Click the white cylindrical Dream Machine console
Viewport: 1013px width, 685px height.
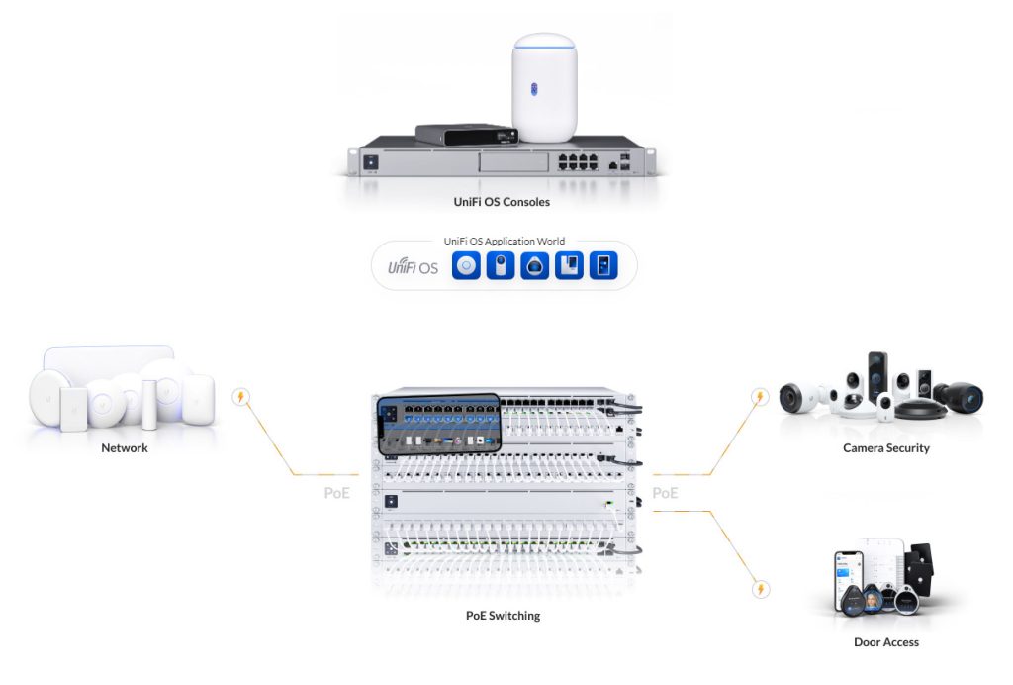click(544, 88)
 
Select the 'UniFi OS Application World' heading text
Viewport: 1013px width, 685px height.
click(505, 241)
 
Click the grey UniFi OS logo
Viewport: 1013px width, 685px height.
click(412, 266)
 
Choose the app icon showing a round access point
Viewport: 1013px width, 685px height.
click(466, 266)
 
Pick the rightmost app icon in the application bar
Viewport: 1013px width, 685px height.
click(602, 266)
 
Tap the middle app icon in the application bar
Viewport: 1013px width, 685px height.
click(534, 266)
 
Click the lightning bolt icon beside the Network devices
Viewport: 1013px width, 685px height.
click(240, 398)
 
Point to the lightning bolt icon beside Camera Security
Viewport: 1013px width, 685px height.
click(760, 398)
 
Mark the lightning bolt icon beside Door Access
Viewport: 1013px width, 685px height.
click(760, 590)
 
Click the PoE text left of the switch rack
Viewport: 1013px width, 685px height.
click(337, 492)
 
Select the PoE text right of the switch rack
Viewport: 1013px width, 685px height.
click(665, 492)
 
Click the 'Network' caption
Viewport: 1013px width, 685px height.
click(125, 448)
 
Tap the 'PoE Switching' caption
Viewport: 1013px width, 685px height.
click(504, 616)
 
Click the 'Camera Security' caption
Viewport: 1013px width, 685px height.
click(886, 448)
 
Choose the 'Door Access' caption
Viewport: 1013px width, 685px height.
click(886, 642)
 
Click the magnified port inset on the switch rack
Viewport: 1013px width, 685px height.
click(437, 424)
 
